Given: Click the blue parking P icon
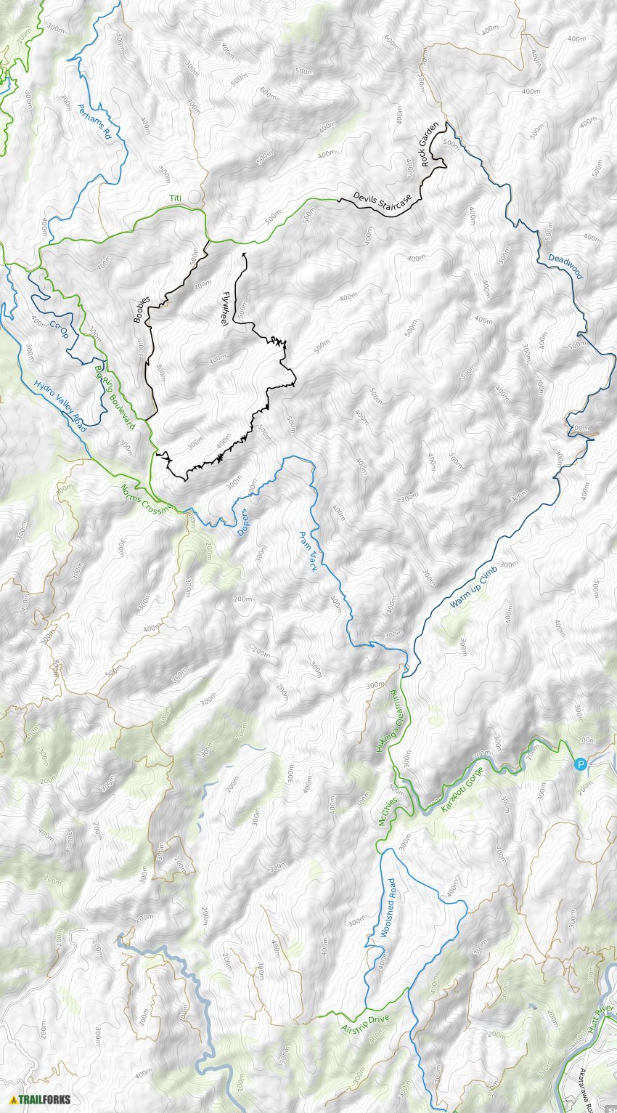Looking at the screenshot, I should [580, 764].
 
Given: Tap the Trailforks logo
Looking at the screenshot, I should [41, 1099].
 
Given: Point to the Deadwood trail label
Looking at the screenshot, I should [565, 266].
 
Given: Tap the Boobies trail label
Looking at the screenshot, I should [142, 309].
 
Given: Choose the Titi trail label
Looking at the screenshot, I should [175, 198].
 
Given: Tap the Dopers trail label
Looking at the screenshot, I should [245, 521].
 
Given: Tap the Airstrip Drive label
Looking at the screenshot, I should [365, 1023].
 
